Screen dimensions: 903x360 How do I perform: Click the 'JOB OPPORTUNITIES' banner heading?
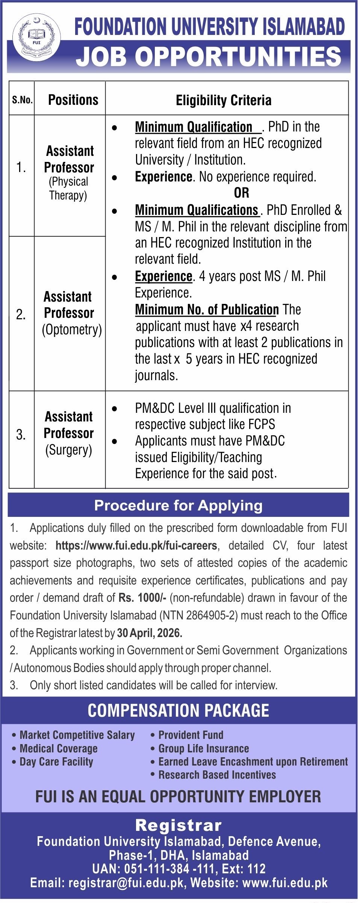tap(209, 57)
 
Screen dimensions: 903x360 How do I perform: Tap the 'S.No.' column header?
tap(22, 100)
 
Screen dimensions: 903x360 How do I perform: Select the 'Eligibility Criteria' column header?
tap(224, 100)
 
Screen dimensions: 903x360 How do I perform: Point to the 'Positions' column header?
tap(73, 100)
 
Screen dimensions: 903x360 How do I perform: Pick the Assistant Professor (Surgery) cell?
tap(69, 433)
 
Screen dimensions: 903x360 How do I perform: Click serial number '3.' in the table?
tap(21, 435)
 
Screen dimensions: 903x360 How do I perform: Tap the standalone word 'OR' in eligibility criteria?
tap(241, 193)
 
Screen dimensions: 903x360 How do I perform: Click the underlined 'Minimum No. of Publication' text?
tap(207, 310)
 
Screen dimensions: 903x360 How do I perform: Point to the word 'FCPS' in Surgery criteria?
tap(262, 424)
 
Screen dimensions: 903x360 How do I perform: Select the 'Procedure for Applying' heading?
tap(178, 506)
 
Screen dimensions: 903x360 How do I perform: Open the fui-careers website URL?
tap(136, 545)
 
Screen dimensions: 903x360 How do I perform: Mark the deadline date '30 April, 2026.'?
tap(150, 633)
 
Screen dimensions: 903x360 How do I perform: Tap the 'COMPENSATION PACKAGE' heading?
tap(178, 711)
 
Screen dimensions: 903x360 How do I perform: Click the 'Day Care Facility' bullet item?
tap(56, 762)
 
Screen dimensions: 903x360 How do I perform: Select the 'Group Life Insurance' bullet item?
tap(204, 749)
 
